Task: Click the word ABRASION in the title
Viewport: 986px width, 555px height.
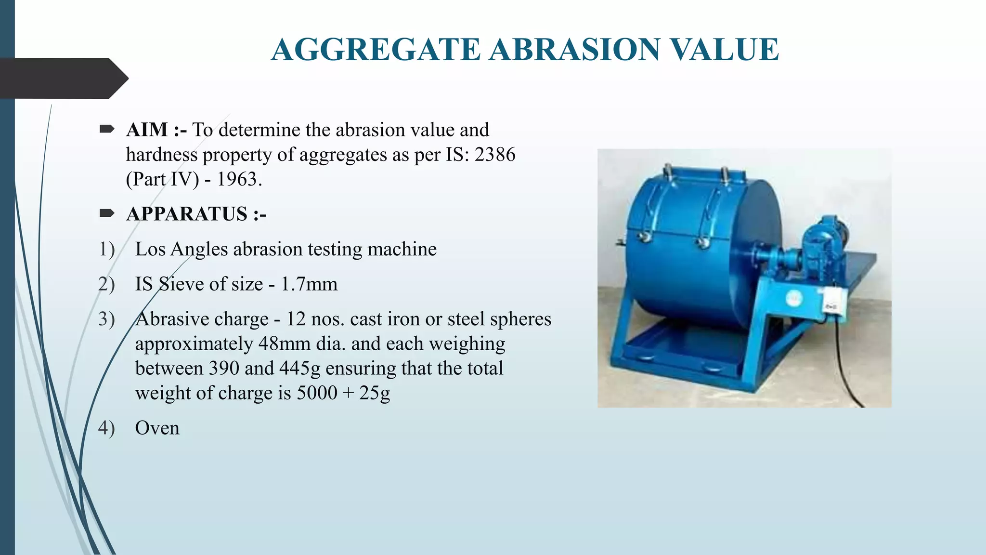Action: pyautogui.click(x=574, y=50)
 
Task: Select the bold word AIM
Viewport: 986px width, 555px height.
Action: pyautogui.click(x=147, y=130)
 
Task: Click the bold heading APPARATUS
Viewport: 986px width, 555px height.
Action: pyautogui.click(x=187, y=214)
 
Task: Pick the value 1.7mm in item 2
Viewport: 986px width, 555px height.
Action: pyautogui.click(x=309, y=284)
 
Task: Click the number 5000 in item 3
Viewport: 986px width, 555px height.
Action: pyautogui.click(x=317, y=393)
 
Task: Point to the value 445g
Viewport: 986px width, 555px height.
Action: pyautogui.click(x=299, y=369)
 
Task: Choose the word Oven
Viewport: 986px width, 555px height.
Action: pyautogui.click(x=157, y=428)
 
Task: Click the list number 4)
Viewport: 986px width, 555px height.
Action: pyautogui.click(x=106, y=428)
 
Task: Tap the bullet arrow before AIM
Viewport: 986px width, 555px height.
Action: pyautogui.click(x=107, y=129)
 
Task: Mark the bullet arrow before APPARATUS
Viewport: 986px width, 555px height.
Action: pyautogui.click(x=107, y=213)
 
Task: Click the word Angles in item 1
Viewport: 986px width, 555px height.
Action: pyautogui.click(x=199, y=250)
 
